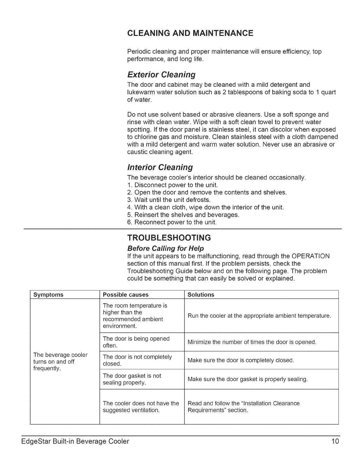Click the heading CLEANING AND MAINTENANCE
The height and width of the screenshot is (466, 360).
click(190, 33)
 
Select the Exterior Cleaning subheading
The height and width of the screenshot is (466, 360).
click(161, 75)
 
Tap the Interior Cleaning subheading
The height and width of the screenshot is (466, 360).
click(160, 167)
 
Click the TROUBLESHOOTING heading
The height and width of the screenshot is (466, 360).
click(169, 237)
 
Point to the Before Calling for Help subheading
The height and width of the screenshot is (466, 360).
click(165, 248)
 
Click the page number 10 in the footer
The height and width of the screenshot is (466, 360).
click(335, 441)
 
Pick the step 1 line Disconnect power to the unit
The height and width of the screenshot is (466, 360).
click(173, 185)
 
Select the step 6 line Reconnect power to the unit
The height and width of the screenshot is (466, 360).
click(172, 222)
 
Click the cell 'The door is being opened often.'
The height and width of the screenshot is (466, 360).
click(136, 342)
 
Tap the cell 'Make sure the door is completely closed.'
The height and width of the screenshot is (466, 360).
click(241, 360)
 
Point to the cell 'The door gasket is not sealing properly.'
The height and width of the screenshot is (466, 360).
click(132, 379)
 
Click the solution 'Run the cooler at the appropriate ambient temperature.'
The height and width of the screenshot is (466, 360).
click(259, 316)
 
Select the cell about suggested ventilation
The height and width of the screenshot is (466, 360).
click(141, 407)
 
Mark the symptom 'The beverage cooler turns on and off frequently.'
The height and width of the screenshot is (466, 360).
click(61, 362)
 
